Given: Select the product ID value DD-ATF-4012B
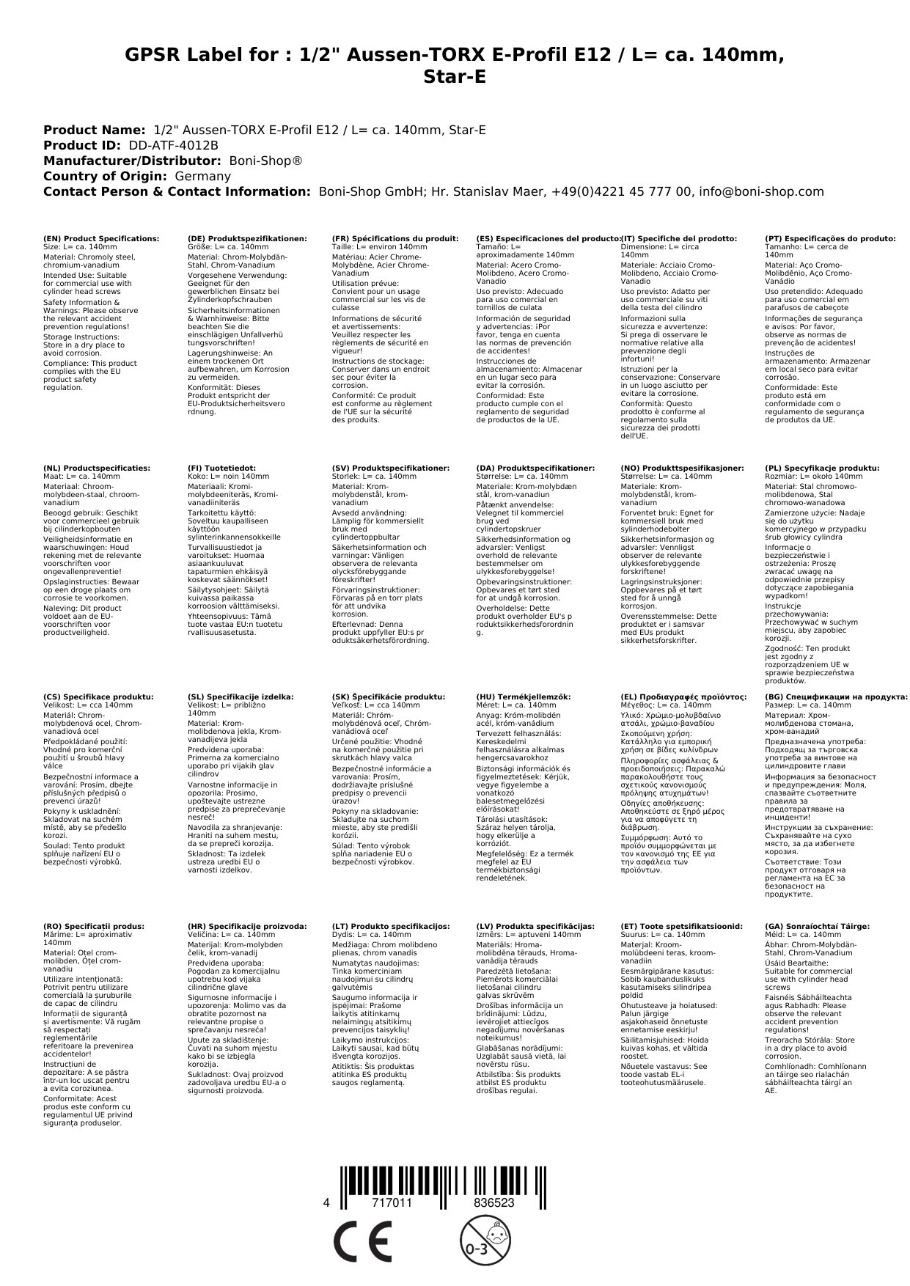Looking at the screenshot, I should (173, 145).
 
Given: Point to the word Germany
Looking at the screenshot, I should (202, 176).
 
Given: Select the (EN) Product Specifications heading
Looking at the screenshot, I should (101, 239).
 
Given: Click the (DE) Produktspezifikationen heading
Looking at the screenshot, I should (247, 239).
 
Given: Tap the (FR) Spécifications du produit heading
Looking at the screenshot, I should (395, 239).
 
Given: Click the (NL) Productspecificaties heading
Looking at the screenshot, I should (97, 468).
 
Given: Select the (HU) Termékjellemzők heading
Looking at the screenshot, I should (524, 697).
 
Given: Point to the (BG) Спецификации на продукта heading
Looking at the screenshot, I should (836, 697).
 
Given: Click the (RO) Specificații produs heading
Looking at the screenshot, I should (94, 926).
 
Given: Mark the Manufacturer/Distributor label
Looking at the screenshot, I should (132, 161).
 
